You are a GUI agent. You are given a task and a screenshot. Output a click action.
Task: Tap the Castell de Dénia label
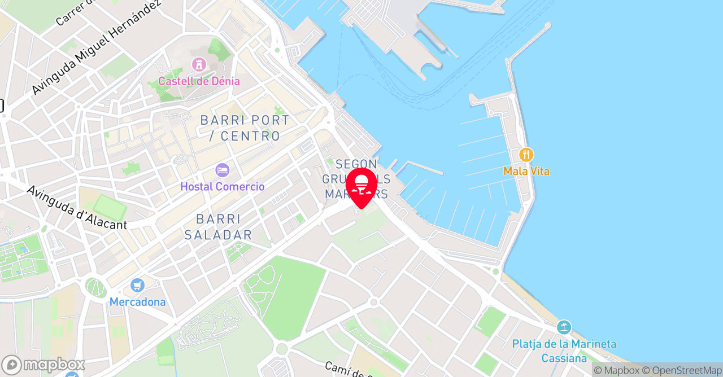[x=199, y=81]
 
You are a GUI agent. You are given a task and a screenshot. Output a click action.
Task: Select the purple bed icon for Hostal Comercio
[x=223, y=170]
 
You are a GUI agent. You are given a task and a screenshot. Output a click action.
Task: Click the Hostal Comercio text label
[x=223, y=186]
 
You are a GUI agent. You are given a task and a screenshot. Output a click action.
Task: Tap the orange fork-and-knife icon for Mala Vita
[x=526, y=155]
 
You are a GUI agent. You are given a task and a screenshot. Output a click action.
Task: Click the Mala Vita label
[x=526, y=171]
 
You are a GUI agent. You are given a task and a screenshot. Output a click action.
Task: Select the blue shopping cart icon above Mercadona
[x=137, y=286]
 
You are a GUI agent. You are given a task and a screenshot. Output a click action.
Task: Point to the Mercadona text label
[x=138, y=302]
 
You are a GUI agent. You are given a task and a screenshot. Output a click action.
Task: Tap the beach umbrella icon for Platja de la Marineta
[x=564, y=327]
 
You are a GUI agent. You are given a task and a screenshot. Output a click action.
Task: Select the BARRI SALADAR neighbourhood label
[x=218, y=227]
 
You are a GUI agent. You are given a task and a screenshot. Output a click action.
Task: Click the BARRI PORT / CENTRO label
[x=245, y=128]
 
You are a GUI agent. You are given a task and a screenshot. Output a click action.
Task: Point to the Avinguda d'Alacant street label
[x=77, y=207]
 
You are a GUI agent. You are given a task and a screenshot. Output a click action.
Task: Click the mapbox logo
[x=43, y=365]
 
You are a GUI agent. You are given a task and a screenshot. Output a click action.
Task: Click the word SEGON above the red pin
[x=356, y=164]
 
